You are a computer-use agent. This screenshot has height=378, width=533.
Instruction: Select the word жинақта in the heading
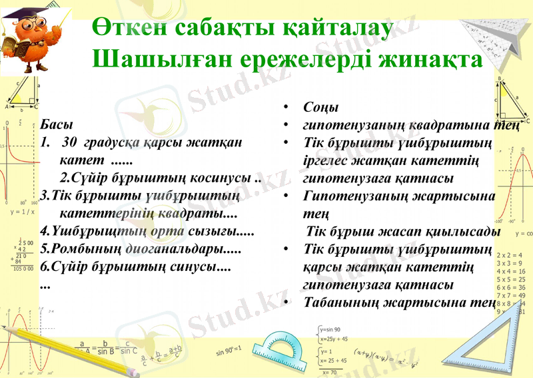pyautogui.click(x=430, y=60)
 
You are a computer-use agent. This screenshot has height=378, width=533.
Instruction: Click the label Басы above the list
pyautogui.click(x=56, y=125)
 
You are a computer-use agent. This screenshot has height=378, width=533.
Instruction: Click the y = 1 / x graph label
pyautogui.click(x=23, y=212)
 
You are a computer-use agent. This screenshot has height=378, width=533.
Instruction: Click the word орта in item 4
pyautogui.click(x=166, y=234)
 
